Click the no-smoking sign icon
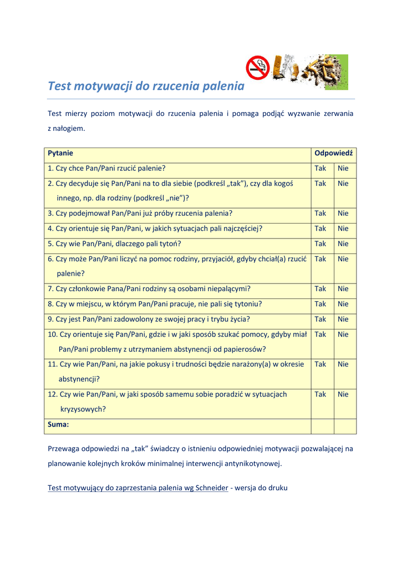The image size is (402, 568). (x=257, y=67)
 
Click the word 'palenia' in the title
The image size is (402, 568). (x=223, y=86)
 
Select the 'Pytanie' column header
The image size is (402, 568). (x=60, y=153)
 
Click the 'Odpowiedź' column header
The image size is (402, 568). (x=333, y=153)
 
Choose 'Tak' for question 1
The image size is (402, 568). (x=320, y=168)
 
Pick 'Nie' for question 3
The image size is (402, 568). (x=343, y=213)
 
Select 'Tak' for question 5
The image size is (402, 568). (x=320, y=244)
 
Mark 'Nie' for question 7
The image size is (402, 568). (x=343, y=288)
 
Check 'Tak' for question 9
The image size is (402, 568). (x=320, y=319)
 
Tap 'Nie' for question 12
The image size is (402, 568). (x=343, y=394)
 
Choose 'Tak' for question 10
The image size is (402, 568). (x=320, y=334)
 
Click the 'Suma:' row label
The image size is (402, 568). (x=59, y=424)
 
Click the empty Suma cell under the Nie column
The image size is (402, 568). (x=344, y=425)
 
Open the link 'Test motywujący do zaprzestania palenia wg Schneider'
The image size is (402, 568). (x=138, y=488)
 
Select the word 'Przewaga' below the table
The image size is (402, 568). (x=64, y=448)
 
